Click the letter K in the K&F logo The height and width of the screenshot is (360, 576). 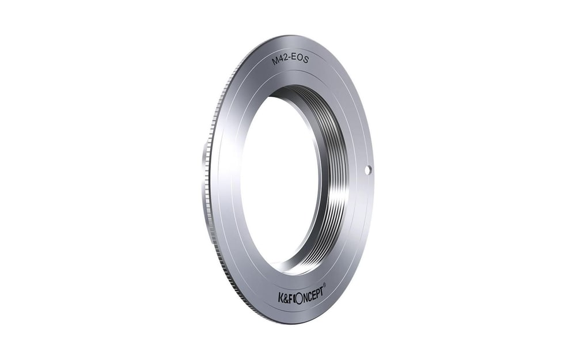(x=281, y=295)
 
